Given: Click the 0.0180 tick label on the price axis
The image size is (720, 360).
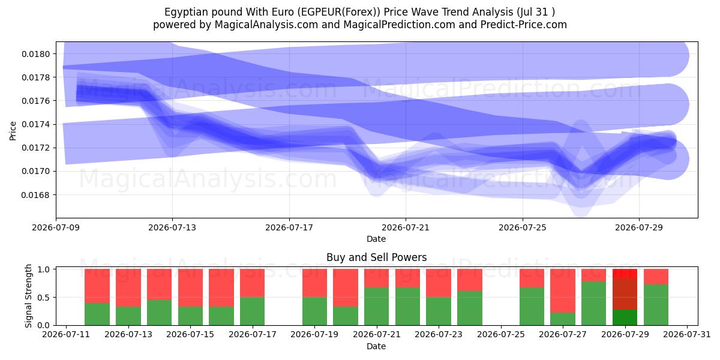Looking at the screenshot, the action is tap(35, 54).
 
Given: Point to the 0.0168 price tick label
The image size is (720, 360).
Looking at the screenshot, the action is tap(35, 195).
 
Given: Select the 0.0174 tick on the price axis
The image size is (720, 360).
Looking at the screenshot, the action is tap(35, 124).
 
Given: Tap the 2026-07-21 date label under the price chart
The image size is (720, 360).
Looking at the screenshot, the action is tap(406, 227).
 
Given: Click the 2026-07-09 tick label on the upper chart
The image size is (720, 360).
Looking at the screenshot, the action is tap(56, 227).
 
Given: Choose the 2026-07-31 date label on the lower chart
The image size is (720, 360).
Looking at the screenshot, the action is tap(687, 334).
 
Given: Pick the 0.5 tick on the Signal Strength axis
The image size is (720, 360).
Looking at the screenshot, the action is tap(44, 298).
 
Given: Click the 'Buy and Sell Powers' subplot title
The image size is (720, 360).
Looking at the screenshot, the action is tap(376, 257).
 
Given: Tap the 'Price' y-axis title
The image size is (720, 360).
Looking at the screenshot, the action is tap(13, 131).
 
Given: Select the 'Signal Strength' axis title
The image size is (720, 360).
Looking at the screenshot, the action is tap(29, 296).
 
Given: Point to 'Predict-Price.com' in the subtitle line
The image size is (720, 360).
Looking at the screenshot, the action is tap(524, 25).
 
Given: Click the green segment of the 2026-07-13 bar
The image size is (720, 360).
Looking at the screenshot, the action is tap(128, 316).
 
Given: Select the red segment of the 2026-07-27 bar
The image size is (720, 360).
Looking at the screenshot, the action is tap(563, 290).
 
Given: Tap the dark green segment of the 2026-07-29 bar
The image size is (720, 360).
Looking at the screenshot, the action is tap(625, 317).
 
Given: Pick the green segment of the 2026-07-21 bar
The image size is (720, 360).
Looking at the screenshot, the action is tap(376, 306).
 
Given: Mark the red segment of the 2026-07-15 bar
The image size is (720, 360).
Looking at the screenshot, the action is tap(190, 287).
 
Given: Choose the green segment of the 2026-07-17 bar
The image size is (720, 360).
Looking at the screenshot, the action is tap(253, 311).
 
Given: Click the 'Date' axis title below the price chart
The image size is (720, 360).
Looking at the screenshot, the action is tap(376, 239).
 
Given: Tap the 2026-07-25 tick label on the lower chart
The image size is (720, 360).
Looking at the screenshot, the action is tap(501, 334).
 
